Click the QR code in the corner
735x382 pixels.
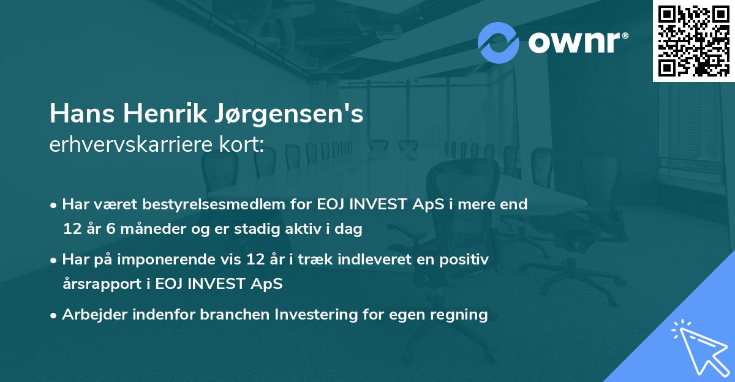(x=693, y=40)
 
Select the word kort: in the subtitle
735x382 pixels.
(x=241, y=144)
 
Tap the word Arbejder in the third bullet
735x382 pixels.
(x=91, y=315)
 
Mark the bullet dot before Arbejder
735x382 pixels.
(x=54, y=315)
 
